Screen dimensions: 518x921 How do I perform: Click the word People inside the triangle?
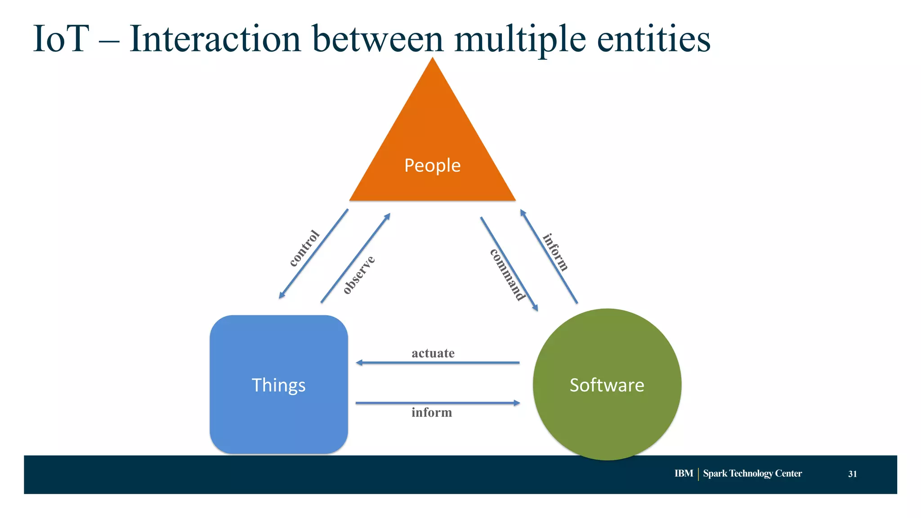(432, 165)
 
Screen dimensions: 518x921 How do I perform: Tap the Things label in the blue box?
(278, 385)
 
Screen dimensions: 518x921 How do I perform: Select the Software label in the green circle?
(607, 385)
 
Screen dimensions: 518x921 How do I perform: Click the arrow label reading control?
(304, 248)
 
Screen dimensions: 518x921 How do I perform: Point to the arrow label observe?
(358, 275)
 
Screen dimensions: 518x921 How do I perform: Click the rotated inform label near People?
(556, 252)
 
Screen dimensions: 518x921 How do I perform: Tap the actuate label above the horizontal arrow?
(433, 353)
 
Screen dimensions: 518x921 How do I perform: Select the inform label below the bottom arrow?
(431, 413)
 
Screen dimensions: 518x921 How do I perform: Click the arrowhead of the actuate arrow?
(359, 362)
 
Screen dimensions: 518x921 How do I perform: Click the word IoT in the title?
(61, 39)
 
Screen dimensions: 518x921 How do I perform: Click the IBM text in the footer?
(684, 473)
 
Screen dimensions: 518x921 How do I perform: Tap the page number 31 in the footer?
(852, 474)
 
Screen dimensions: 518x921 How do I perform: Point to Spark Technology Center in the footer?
(752, 473)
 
